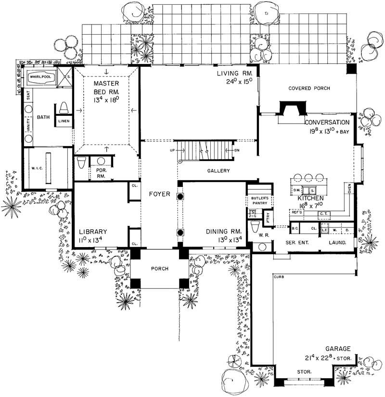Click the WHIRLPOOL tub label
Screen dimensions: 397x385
pyautogui.click(x=41, y=76)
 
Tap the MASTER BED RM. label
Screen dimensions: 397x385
pyautogui.click(x=107, y=87)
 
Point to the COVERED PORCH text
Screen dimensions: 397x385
pyautogui.click(x=308, y=88)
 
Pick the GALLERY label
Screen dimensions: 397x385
pyautogui.click(x=218, y=171)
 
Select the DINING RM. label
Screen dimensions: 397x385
pyautogui.click(x=219, y=231)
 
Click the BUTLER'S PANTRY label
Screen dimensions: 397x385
pyautogui.click(x=259, y=200)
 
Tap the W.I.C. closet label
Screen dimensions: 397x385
pyautogui.click(x=33, y=168)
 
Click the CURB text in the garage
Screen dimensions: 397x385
pyautogui.click(x=279, y=277)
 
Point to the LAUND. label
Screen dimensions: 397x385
pyautogui.click(x=337, y=243)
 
